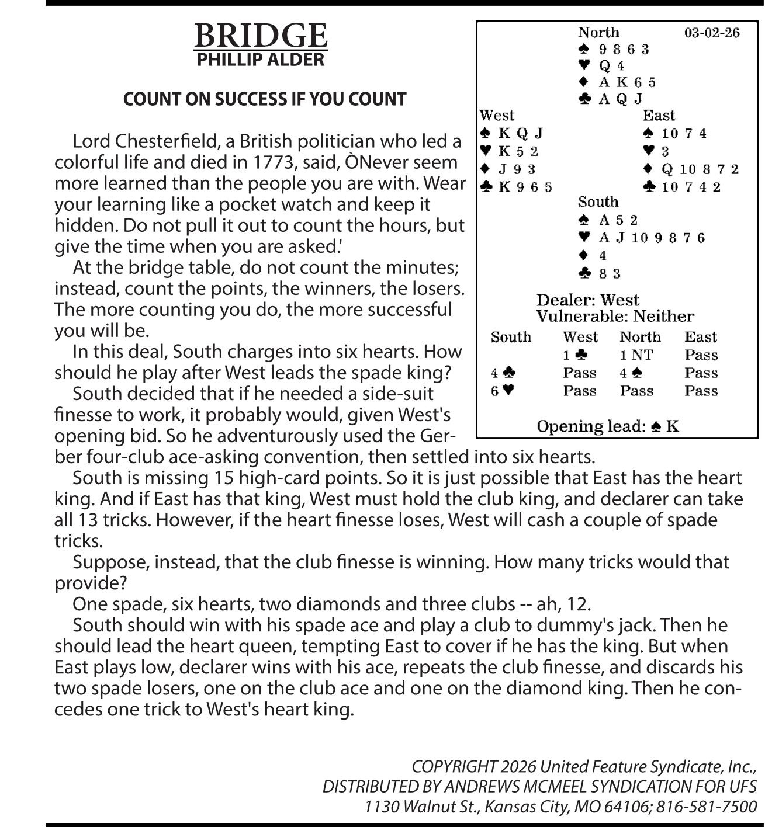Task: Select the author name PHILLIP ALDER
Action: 260,60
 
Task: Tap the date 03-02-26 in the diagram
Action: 711,32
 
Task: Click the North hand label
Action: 598,32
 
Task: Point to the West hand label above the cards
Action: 497,115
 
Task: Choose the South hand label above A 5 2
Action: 598,202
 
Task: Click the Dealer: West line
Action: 588,300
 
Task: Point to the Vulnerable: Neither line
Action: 615,317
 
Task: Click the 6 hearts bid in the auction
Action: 502,391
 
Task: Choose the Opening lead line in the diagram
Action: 608,426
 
